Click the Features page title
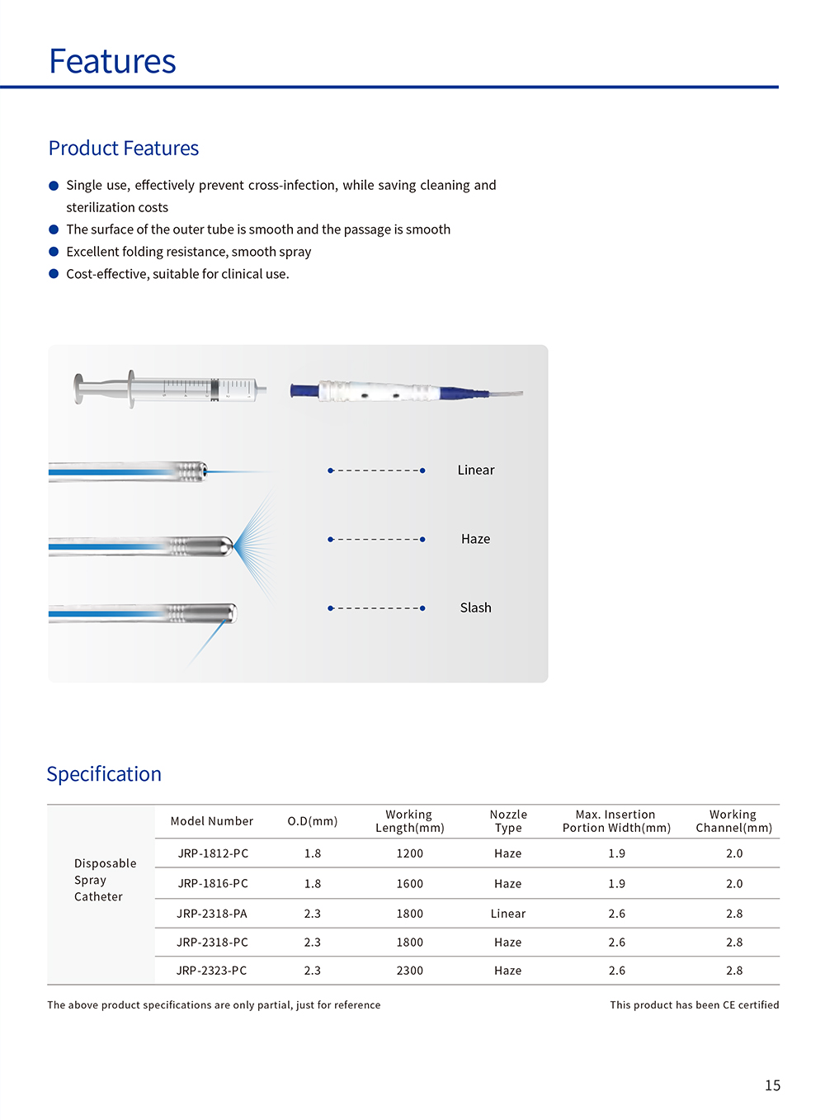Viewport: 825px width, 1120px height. [x=112, y=62]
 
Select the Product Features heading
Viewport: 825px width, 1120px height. [x=124, y=149]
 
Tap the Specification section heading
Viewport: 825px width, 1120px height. [x=104, y=774]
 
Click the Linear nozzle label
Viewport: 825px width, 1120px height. [x=476, y=470]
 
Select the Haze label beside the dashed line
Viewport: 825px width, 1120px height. [x=475, y=539]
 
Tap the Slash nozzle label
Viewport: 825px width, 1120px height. [x=475, y=608]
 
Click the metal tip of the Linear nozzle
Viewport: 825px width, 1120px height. [x=191, y=471]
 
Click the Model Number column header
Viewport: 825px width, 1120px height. [x=212, y=821]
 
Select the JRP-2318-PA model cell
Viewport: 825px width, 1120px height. [x=212, y=914]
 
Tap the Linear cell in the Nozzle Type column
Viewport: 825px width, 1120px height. [x=508, y=914]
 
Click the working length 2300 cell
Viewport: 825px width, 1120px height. [x=410, y=971]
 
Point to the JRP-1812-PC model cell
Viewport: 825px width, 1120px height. [x=213, y=853]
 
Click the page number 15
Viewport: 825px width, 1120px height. [x=772, y=1085]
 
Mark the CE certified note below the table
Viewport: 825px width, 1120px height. [x=695, y=1005]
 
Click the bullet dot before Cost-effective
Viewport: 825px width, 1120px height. [x=54, y=274]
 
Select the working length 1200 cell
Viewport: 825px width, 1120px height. [x=410, y=853]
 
